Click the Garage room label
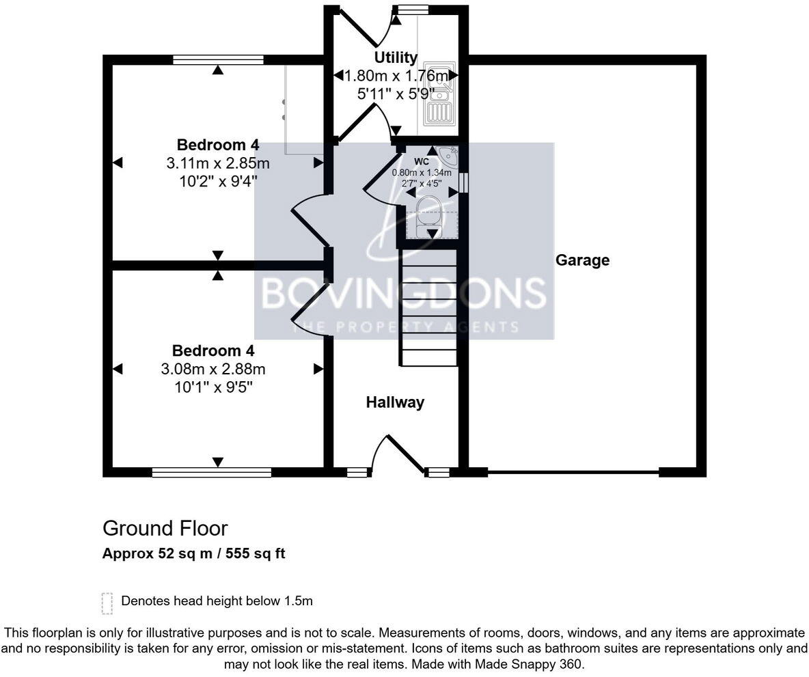[582, 260]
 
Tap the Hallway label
[395, 402]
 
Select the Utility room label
[395, 57]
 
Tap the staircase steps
[428, 307]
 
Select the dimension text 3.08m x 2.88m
[213, 370]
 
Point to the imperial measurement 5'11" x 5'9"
[396, 94]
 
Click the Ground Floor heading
[165, 528]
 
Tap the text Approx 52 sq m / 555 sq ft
[193, 554]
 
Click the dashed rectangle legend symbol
[107, 603]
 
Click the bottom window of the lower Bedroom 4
[212, 471]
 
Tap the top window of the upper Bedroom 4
[218, 60]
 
